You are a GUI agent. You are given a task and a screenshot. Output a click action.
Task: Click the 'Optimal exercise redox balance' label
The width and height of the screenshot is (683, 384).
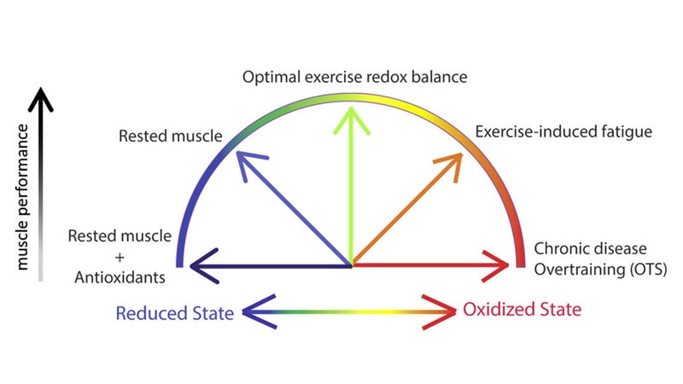(x=354, y=77)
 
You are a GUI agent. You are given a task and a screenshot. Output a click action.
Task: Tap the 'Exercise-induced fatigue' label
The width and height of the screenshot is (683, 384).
(x=563, y=131)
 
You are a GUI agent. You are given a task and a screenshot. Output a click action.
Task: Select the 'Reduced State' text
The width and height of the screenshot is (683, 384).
(x=175, y=313)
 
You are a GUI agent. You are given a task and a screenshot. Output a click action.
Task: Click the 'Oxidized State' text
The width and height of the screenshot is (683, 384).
(x=522, y=310)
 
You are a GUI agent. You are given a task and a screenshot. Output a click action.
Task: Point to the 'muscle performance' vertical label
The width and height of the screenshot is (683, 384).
(x=22, y=197)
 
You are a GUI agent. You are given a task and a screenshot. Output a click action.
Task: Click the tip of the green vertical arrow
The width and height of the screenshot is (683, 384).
(x=351, y=108)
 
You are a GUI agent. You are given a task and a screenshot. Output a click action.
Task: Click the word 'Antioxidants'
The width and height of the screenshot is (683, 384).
(x=120, y=277)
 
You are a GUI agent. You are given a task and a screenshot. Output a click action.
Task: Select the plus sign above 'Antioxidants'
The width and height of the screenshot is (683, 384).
(x=120, y=258)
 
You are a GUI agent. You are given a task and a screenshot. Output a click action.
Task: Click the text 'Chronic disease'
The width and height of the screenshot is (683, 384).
(x=590, y=248)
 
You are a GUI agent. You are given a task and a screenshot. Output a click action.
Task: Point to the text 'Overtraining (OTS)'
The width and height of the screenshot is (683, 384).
(x=600, y=270)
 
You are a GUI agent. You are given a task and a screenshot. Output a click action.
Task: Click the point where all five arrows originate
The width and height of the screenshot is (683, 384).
(x=352, y=265)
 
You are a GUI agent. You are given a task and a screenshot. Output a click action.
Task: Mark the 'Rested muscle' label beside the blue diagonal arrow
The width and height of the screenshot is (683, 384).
(x=170, y=136)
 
